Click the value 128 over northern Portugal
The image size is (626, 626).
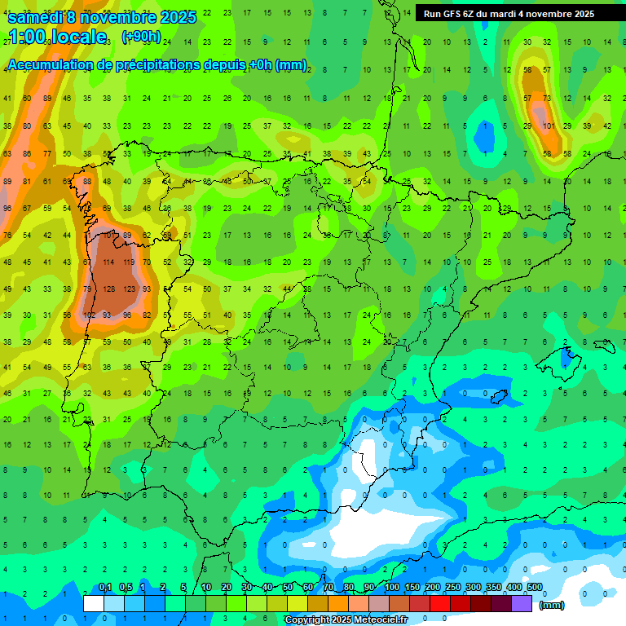tap(109, 289)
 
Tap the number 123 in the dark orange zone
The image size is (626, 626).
tap(129, 289)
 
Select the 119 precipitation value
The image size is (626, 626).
tap(129, 262)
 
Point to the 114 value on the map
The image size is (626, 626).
tap(109, 262)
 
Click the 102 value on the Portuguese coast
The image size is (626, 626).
tap(89, 315)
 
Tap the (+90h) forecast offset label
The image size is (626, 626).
tap(140, 37)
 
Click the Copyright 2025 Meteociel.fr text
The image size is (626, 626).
tap(346, 620)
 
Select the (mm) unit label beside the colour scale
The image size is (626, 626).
tap(553, 605)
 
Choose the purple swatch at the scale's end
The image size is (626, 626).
tap(522, 603)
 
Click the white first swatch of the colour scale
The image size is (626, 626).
tap(94, 603)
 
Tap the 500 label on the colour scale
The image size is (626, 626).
tap(534, 588)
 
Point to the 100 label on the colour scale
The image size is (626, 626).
tap(391, 588)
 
